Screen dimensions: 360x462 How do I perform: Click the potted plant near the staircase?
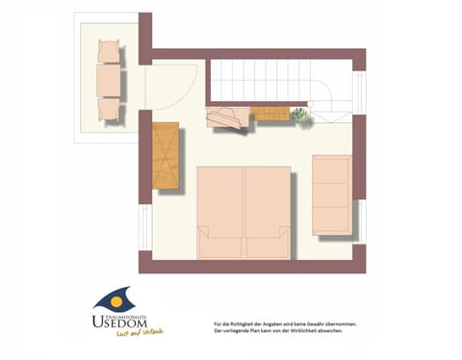tap(299, 116)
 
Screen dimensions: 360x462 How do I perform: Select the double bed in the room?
tap(244, 212)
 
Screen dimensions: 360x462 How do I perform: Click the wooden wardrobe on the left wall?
tap(166, 156)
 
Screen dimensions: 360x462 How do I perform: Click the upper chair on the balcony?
tap(109, 49)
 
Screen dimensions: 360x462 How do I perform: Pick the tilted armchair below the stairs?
tap(226, 119)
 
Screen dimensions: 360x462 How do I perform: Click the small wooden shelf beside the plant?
tap(270, 115)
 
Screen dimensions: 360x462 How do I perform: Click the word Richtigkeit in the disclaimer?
tap(254, 324)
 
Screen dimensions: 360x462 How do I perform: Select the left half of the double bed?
tap(220, 212)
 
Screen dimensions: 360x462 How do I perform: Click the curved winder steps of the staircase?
tap(333, 106)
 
